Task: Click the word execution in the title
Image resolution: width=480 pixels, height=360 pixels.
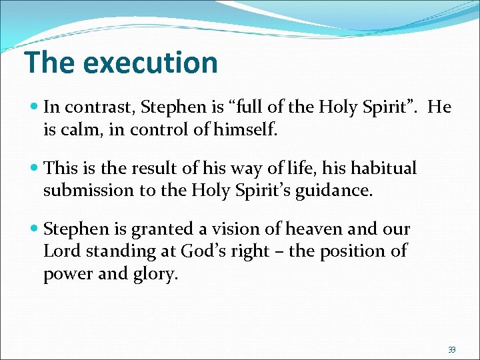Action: click(x=151, y=63)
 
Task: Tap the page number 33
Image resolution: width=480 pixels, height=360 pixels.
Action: click(x=451, y=349)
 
